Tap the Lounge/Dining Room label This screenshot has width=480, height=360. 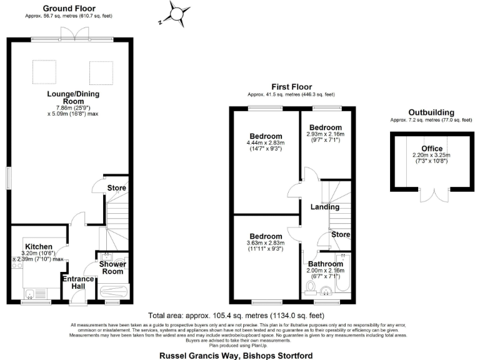click(x=73, y=97)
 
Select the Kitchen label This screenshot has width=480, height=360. click(x=39, y=246)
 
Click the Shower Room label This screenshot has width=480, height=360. click(x=113, y=267)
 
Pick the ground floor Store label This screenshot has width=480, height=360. click(x=116, y=187)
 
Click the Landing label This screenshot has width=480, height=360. click(x=325, y=207)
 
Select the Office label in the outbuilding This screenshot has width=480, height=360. click(x=431, y=149)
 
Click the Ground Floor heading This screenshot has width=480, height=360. click(x=69, y=8)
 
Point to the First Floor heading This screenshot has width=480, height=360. click(x=291, y=87)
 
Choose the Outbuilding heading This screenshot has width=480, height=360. click(x=431, y=112)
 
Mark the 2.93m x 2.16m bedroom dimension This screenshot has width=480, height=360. click(x=324, y=135)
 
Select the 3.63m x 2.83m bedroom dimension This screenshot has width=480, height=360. click(x=266, y=242)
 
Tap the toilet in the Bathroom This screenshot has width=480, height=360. click(x=312, y=288)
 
